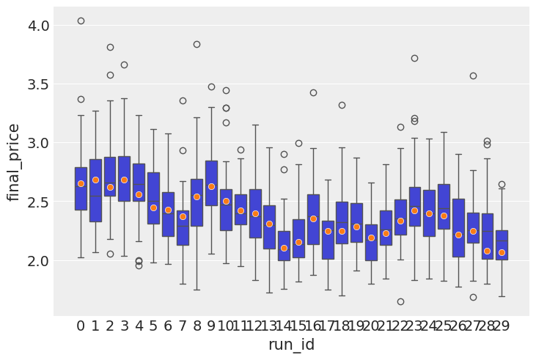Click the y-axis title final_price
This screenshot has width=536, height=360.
click(14, 162)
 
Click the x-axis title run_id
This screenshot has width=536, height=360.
click(291, 345)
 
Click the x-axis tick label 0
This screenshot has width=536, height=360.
click(81, 326)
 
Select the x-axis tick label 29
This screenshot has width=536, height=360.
click(502, 326)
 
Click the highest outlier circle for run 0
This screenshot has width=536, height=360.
click(81, 21)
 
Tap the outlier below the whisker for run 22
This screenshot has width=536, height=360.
click(400, 301)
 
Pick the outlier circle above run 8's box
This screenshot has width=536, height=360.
click(197, 44)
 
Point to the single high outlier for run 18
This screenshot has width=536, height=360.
click(342, 105)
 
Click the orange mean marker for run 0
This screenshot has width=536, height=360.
click(81, 183)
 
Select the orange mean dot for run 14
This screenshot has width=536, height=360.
click(284, 248)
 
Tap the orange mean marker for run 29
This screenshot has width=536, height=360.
click(502, 252)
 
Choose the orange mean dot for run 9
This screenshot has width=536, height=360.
click(211, 186)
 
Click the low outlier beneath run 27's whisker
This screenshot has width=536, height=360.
click(473, 297)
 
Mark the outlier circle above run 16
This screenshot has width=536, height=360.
click(313, 92)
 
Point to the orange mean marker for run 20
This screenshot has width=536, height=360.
click(371, 238)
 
